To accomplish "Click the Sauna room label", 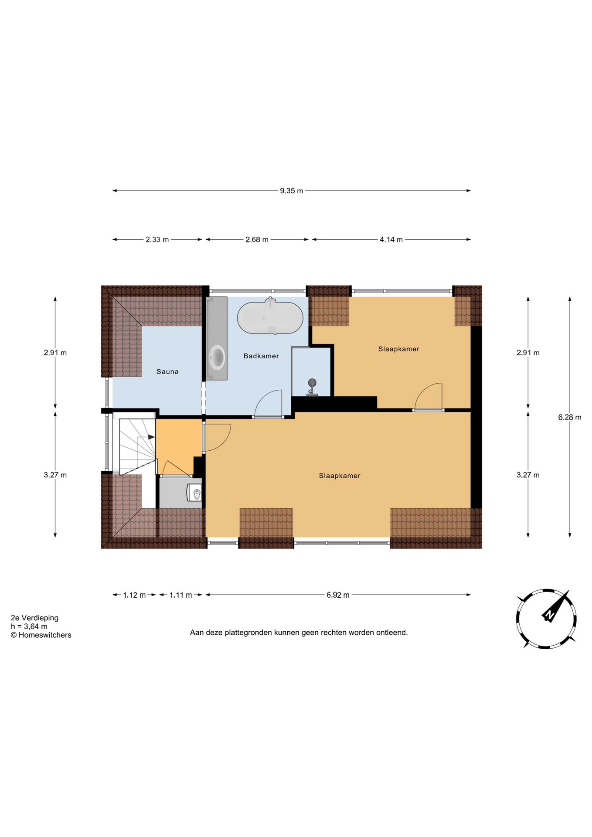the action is (167, 371).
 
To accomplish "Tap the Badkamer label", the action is (261, 356).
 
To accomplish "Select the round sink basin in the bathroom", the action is (217, 357).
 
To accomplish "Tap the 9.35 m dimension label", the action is (292, 191).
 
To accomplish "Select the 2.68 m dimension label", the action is (257, 239).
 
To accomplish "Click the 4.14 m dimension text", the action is (391, 239).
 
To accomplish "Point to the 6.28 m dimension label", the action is (570, 417).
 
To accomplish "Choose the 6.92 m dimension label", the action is (338, 595).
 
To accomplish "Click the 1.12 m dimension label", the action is (134, 595).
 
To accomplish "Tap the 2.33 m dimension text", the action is (157, 239).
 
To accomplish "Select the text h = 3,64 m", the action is (29, 626).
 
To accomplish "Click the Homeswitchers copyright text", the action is (41, 635).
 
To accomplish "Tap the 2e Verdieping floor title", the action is (34, 618).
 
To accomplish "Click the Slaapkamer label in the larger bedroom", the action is (340, 476).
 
